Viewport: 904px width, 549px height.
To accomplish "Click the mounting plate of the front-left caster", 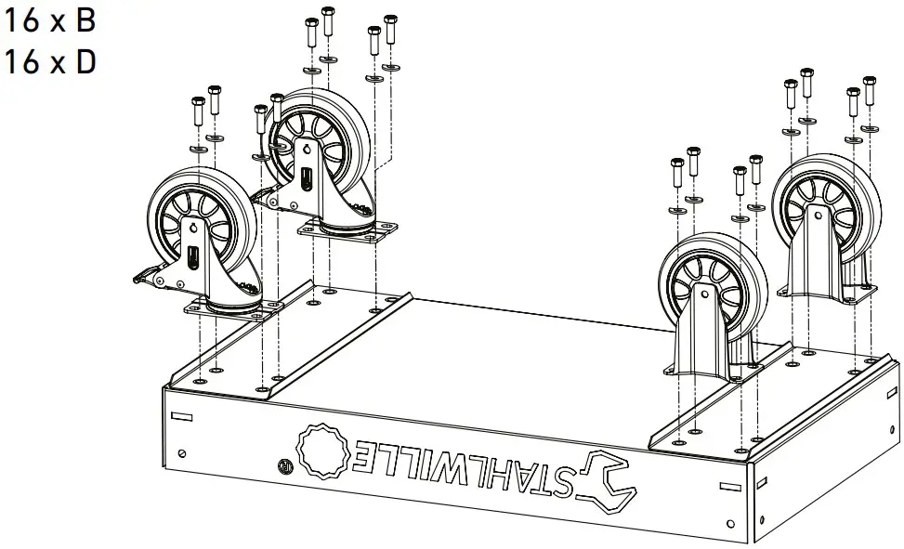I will click(x=232, y=309).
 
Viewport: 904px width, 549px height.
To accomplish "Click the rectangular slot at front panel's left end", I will click(x=183, y=415).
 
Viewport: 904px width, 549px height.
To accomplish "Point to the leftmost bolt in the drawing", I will click(x=197, y=111).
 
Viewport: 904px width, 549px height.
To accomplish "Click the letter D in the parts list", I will click(x=85, y=62).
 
